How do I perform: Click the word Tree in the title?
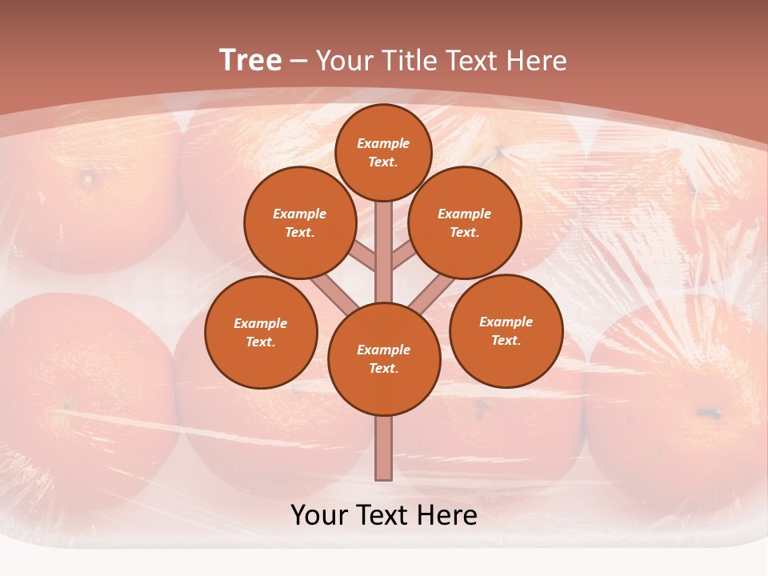pos(250,60)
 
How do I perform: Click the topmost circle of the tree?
pos(383,152)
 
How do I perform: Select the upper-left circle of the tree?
pos(299,222)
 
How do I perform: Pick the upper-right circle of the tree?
pos(465,222)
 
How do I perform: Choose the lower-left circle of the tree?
pos(261,332)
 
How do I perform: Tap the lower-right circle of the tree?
pos(506,330)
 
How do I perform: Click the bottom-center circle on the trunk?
pos(384,358)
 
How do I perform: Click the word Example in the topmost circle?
pos(383,144)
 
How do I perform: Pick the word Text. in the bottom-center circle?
pos(383,368)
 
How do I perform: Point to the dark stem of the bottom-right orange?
pos(707,414)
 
